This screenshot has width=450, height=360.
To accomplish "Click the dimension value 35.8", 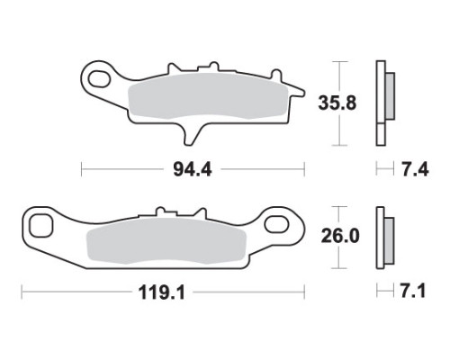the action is (x=337, y=103).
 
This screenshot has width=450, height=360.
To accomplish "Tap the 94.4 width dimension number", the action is (x=193, y=169).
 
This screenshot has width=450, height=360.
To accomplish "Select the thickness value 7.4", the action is (x=415, y=170).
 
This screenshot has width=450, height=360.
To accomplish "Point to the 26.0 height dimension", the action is (x=340, y=236).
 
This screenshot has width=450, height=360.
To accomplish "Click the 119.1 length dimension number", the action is (x=162, y=292).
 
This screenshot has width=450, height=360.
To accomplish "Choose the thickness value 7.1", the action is (x=413, y=291).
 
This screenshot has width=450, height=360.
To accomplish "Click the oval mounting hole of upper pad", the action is (x=99, y=78).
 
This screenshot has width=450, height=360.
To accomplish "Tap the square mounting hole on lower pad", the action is (x=41, y=226).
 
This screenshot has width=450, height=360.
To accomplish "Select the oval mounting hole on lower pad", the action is (x=276, y=224).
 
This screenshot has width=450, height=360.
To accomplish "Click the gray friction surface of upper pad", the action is (x=208, y=95).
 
